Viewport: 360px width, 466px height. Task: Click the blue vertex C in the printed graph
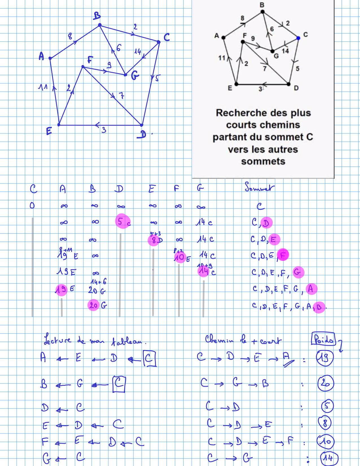tap(298, 38)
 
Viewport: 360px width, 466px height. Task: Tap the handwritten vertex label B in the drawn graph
tap(97, 16)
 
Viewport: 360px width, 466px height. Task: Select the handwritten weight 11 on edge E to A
tap(43, 87)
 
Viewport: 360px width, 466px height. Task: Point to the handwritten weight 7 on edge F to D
tap(121, 95)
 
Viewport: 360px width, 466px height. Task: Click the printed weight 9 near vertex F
tap(253, 38)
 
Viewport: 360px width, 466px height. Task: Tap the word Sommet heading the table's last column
tap(259, 188)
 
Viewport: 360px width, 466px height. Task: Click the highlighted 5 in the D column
tap(121, 221)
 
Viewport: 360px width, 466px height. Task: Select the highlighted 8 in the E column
tap(154, 240)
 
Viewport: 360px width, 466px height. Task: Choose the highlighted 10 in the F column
tap(180, 257)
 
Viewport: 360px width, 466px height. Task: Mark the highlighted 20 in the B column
tap(93, 305)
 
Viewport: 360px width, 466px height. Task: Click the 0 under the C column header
tap(32, 206)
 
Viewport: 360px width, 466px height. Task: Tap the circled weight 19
tap(324, 358)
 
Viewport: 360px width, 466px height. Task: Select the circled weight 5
tap(327, 406)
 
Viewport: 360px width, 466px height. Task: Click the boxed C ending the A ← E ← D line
tap(149, 358)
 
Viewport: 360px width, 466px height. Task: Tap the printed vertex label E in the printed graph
tap(230, 88)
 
